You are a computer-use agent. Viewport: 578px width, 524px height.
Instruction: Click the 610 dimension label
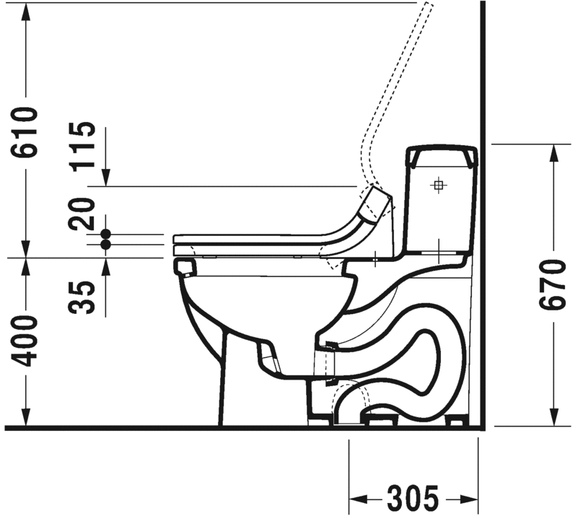click(25, 132)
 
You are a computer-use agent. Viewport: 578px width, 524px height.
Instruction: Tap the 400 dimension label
click(25, 341)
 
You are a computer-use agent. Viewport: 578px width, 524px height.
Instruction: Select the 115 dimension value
click(82, 147)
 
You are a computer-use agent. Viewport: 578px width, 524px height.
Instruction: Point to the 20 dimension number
click(82, 214)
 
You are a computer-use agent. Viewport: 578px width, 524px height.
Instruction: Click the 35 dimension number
click(82, 297)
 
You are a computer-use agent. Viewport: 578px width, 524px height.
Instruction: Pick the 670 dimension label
click(552, 284)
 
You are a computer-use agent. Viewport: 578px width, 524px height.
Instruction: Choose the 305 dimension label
click(413, 499)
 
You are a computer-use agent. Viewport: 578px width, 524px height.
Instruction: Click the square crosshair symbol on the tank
click(438, 185)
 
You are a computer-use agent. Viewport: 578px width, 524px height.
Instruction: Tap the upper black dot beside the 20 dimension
click(106, 233)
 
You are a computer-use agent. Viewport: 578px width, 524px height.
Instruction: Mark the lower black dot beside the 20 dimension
click(106, 244)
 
